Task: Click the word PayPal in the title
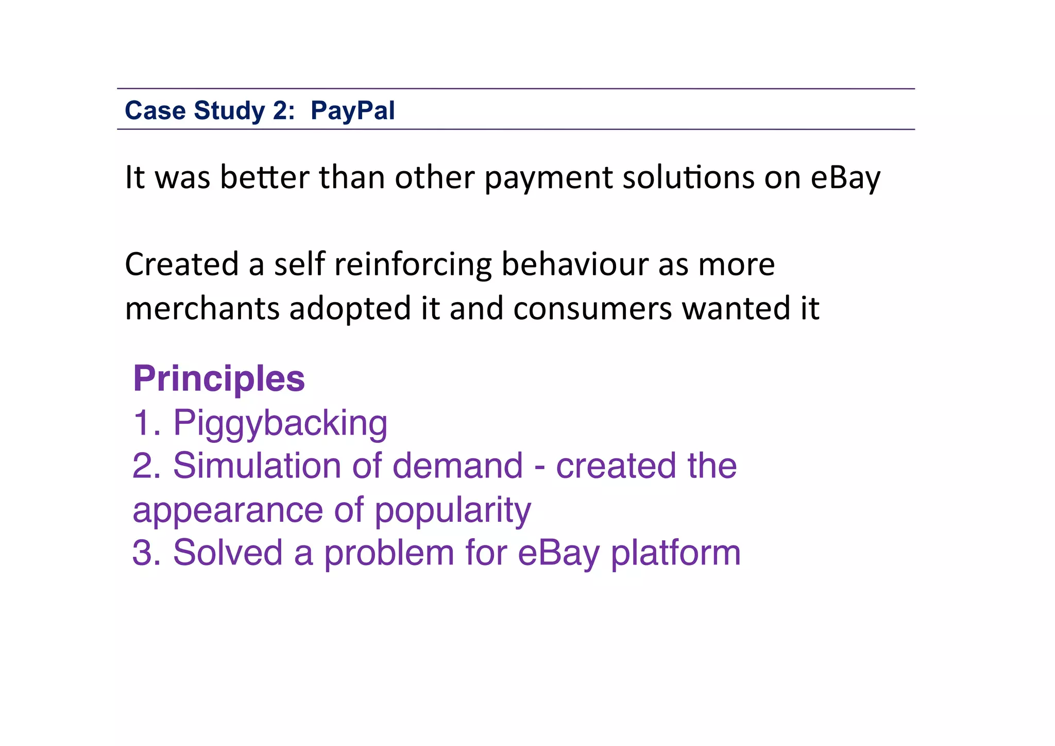[x=352, y=111]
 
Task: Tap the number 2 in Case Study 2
[x=281, y=111]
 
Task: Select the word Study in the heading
[x=229, y=111]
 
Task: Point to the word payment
[x=548, y=178]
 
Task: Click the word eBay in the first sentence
[x=845, y=178]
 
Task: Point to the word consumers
[x=592, y=309]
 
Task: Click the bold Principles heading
[x=219, y=378]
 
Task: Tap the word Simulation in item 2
[x=257, y=466]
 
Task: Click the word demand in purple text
[x=457, y=466]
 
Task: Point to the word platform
[x=675, y=554]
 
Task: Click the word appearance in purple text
[x=227, y=510]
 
